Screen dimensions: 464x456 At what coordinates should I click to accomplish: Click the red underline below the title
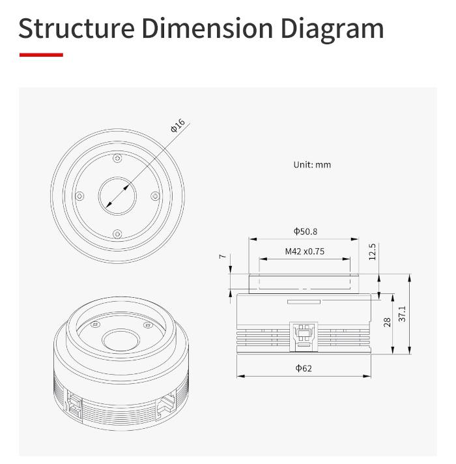tap(41, 55)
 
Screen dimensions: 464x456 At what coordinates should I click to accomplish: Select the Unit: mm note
tap(311, 165)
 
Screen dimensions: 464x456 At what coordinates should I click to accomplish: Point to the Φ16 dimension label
tap(177, 126)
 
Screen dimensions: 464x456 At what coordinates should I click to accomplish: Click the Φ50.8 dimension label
tap(305, 231)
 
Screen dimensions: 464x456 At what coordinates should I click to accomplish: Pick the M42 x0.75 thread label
tap(304, 251)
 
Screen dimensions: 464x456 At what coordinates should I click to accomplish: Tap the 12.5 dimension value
tap(373, 252)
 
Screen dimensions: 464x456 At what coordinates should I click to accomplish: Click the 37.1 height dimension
tap(402, 313)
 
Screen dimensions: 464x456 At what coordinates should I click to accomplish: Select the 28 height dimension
tap(387, 322)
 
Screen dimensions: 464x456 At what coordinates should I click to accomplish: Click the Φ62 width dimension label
tap(304, 368)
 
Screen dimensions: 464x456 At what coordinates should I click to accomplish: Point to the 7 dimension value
tap(223, 257)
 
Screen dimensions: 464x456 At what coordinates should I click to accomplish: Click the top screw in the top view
tap(117, 157)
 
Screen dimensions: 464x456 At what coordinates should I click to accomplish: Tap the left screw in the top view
tap(79, 196)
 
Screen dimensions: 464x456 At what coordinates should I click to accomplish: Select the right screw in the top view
tap(155, 196)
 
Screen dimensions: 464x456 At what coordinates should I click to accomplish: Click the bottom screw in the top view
tap(117, 234)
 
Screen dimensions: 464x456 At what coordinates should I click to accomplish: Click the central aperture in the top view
tap(117, 196)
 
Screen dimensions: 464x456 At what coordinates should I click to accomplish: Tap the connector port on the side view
tap(304, 335)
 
